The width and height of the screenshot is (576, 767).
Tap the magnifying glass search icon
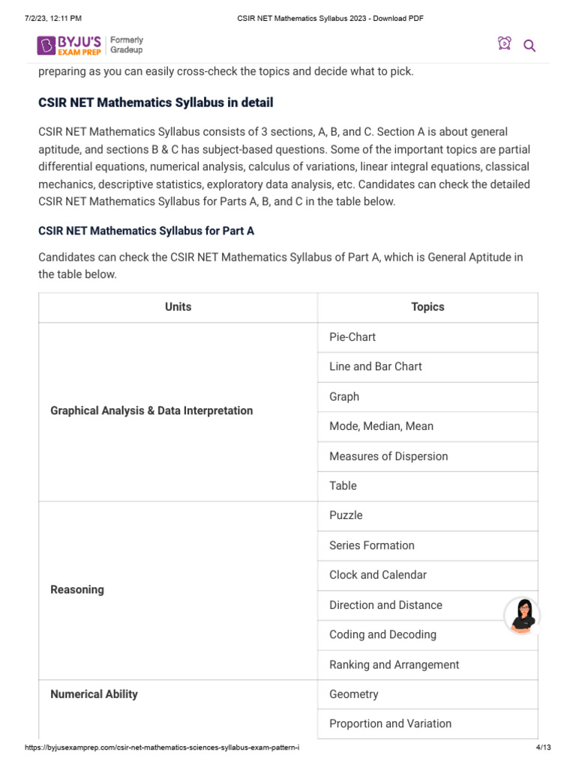[529, 46]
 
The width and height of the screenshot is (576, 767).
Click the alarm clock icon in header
[504, 44]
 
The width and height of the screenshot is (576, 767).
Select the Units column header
[178, 307]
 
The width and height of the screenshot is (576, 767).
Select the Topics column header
[427, 307]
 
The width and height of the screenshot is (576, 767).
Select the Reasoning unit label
[76, 589]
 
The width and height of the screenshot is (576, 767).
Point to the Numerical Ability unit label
[94, 694]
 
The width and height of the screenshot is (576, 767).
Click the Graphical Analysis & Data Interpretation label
[151, 410]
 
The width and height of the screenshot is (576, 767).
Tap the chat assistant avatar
[521, 616]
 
